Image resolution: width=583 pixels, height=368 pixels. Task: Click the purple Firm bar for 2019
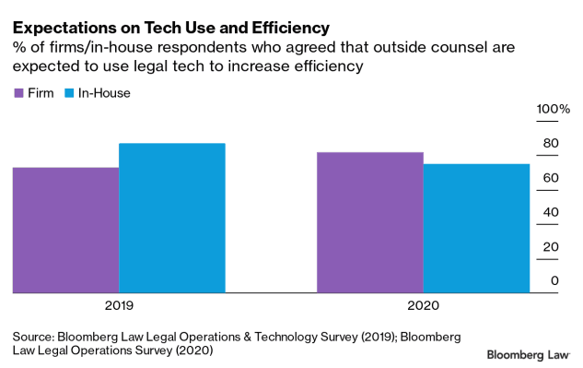click(65, 230)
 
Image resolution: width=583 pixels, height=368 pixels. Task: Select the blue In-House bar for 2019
click(172, 218)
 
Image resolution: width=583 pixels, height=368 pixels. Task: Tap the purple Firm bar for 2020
click(369, 222)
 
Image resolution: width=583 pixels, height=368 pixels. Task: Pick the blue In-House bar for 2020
click(476, 228)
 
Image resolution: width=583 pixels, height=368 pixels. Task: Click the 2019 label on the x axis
click(119, 305)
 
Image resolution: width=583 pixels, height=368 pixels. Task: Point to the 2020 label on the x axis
click(423, 305)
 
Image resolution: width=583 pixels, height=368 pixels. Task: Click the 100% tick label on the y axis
click(554, 110)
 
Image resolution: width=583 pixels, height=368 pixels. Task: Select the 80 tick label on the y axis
click(550, 144)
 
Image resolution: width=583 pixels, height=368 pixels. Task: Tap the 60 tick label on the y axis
click(550, 178)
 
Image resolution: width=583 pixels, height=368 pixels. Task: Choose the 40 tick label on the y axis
click(550, 212)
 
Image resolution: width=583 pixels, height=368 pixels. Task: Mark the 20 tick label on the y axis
click(550, 247)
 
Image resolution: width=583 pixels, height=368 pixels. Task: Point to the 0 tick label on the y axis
click(554, 281)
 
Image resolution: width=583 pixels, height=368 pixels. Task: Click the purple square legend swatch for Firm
click(18, 93)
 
